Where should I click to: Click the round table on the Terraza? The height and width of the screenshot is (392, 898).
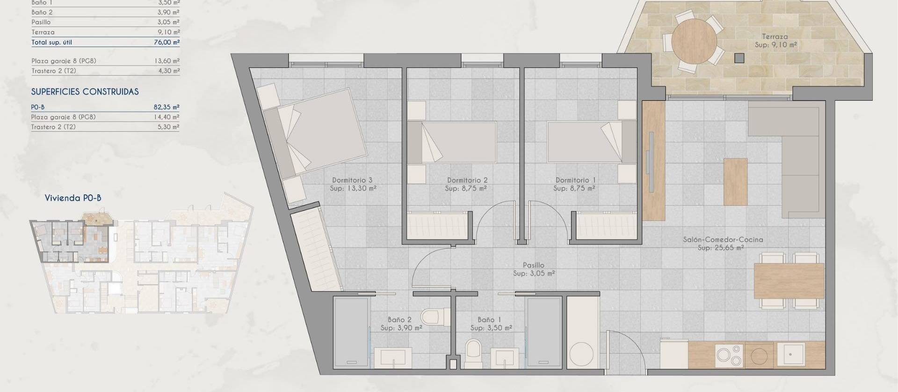tap(694, 41)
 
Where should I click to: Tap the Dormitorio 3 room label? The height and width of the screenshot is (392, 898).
tap(352, 180)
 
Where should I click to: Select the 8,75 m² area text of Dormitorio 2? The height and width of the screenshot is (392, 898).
tap(466, 188)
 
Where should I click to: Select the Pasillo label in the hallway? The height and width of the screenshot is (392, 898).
tap(533, 265)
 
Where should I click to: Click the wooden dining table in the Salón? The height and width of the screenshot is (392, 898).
tap(789, 281)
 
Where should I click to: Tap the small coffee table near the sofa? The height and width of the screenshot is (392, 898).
tap(735, 182)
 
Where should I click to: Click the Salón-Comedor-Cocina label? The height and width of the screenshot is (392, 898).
tap(723, 239)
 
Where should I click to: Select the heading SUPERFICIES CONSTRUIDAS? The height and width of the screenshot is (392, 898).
tap(85, 92)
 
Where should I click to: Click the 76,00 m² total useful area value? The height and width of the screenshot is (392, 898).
tap(167, 42)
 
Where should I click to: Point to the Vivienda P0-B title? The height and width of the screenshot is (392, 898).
tap(73, 198)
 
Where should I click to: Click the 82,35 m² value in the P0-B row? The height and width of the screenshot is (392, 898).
tap(167, 107)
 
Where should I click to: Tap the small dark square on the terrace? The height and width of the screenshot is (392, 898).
tap(739, 58)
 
